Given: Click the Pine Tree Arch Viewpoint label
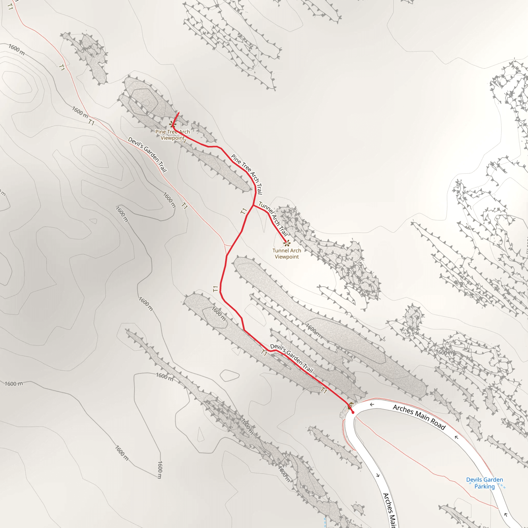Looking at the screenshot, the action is coord(172,135).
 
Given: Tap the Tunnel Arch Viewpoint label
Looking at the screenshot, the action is coord(287,254).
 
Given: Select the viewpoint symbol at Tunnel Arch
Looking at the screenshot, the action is coord(286,243).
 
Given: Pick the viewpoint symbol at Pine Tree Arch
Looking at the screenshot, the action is coord(172,125).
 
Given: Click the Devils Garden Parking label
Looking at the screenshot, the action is coord(484,483).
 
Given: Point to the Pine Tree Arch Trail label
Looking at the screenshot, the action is coord(247,174).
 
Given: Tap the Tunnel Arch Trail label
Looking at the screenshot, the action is coord(273,219).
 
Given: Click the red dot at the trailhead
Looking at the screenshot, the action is coord(353,412).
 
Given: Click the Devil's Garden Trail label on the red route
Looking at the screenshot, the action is coord(291,358).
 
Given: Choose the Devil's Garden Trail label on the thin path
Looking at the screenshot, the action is coord(147,155).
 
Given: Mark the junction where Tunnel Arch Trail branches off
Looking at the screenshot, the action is coord(254,205).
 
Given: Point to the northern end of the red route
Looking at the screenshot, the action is coord(179,113).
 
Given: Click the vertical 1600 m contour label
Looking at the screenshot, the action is coord(160,470).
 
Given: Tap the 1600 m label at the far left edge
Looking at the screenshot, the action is coord(14,384).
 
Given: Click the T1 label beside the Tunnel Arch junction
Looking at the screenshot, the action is coord(243,211).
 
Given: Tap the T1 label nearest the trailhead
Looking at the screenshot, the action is coord(324,390).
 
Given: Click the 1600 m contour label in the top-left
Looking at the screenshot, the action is coord(17,49).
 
